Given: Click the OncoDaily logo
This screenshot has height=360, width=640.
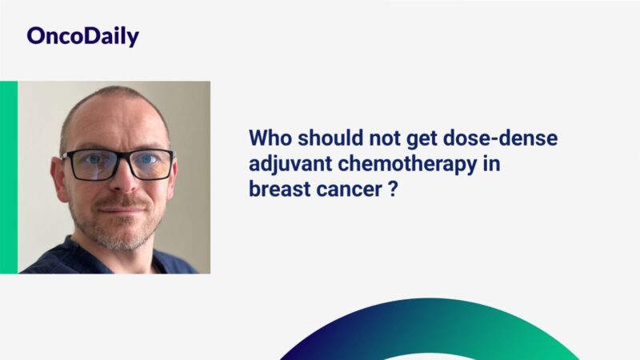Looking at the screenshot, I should point(82,36).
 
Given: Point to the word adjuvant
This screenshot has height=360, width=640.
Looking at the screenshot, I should point(287,166).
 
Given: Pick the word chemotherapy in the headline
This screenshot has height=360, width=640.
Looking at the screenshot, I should point(397,166).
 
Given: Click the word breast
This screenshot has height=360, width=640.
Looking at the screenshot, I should point(276,192).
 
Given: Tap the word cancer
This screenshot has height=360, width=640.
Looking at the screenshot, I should point(343,192).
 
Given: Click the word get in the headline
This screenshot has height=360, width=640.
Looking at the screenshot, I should point(422,138).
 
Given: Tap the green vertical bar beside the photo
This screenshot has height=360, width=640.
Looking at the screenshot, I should point(9,177).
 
